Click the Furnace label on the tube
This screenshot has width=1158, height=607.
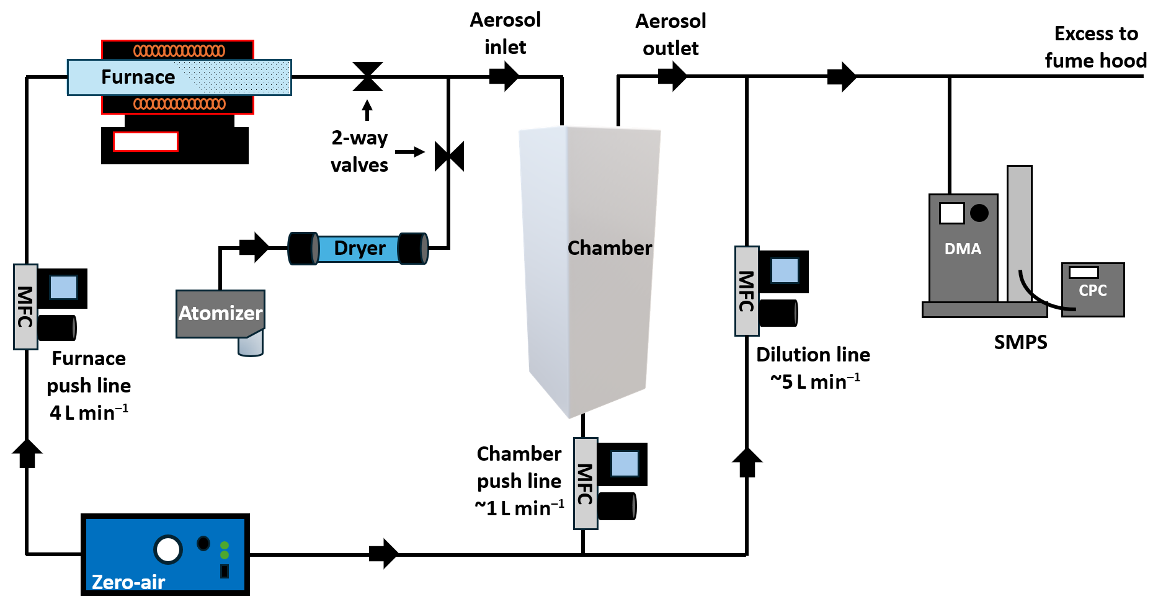tap(138, 77)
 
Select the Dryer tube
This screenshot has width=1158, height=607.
tap(359, 249)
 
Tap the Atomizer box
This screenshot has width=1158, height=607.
tap(220, 314)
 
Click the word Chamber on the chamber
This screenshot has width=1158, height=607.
tap(610, 248)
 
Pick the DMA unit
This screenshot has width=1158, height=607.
tap(963, 249)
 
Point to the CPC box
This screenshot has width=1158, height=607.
tap(1092, 290)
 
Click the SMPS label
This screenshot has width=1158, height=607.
tap(1020, 342)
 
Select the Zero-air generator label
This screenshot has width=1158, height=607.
tap(128, 582)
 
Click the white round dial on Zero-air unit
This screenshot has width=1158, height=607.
tap(168, 549)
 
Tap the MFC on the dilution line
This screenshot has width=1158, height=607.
tap(747, 291)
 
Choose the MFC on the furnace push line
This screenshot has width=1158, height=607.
tap(25, 307)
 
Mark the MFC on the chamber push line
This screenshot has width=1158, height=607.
tap(585, 484)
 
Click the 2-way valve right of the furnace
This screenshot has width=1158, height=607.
tap(368, 77)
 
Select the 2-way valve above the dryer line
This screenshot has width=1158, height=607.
tap(449, 156)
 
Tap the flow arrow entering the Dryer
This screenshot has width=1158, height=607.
tap(255, 248)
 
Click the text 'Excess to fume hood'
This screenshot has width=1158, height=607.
tap(1095, 47)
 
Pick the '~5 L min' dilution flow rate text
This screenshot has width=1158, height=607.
tap(814, 381)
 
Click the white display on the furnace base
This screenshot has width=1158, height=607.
tap(146, 142)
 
